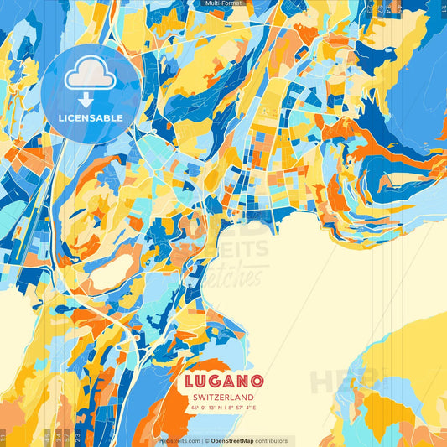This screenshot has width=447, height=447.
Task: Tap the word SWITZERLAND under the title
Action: pyautogui.click(x=222, y=398)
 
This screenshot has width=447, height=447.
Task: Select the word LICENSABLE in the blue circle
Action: pyautogui.click(x=91, y=117)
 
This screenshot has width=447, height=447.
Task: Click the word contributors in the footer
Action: pyautogui.click(x=273, y=440)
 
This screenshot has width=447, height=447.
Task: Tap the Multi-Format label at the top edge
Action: pyautogui.click(x=223, y=4)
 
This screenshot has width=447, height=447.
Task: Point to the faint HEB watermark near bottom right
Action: pyautogui.click(x=335, y=382)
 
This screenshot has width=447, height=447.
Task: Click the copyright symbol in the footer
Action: pyautogui.click(x=206, y=440)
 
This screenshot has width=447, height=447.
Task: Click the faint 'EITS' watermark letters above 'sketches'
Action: pyautogui.click(x=243, y=249)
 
